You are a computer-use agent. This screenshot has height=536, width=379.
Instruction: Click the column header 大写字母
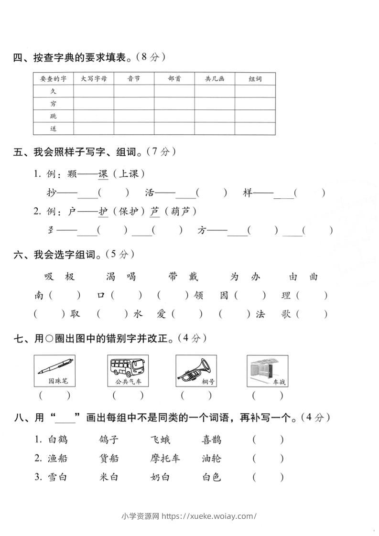click(93, 78)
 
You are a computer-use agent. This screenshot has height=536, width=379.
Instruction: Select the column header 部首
click(174, 78)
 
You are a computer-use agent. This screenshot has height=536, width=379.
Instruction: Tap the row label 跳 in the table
click(53, 116)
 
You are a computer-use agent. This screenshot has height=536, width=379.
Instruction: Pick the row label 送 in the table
click(53, 129)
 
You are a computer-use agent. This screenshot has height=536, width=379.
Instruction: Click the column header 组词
click(255, 78)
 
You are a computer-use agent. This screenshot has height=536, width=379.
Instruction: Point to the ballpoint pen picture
click(55, 366)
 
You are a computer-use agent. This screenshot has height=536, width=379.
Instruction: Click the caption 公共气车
click(128, 382)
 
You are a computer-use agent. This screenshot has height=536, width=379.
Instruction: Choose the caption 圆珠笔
click(55, 382)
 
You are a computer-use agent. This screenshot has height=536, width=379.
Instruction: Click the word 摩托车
click(165, 458)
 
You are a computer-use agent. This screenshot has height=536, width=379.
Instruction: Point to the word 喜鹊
click(211, 440)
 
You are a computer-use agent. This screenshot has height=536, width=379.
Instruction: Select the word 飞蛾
click(160, 440)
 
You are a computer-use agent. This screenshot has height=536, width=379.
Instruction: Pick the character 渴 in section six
click(111, 277)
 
